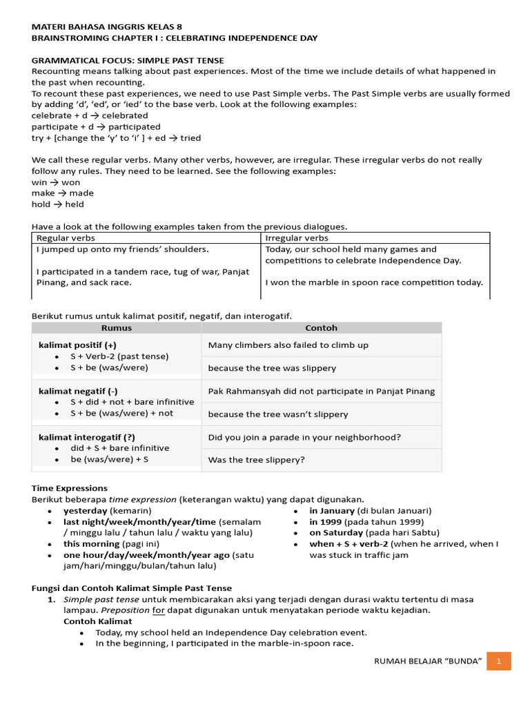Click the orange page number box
coord(498,661)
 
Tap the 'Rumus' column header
coord(116,328)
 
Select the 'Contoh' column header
coord(321,328)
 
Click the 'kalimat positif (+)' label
coord(77,345)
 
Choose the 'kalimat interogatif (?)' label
coord(86,437)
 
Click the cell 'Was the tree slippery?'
coord(256,460)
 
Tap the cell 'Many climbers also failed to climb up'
coord(288,345)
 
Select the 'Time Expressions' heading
coord(70,488)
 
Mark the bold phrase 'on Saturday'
coord(335,532)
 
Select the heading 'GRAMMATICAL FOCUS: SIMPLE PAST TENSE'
coord(128,61)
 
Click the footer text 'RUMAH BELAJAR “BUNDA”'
coord(427,661)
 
